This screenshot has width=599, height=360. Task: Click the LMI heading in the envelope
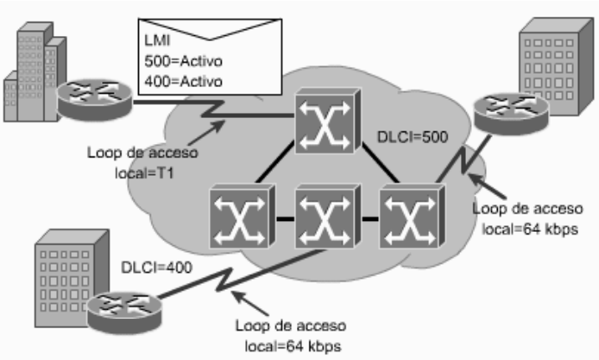click(x=157, y=40)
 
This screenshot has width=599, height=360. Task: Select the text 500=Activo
click(x=183, y=61)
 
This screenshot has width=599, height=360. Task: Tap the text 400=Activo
click(x=183, y=81)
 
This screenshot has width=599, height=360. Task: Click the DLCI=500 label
click(x=412, y=137)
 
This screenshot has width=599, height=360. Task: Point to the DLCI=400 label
click(x=156, y=268)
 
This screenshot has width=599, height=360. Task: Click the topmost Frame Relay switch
click(x=328, y=121)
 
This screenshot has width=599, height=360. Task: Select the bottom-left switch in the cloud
click(x=243, y=216)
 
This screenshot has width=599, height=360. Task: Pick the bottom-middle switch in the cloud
click(x=328, y=216)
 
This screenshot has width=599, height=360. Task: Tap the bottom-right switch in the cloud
click(x=412, y=216)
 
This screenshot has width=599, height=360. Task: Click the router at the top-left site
click(x=95, y=99)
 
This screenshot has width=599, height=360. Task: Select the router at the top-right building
click(x=511, y=114)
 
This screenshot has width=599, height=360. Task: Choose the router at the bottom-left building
click(x=125, y=312)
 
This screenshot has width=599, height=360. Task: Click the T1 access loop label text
click(x=143, y=162)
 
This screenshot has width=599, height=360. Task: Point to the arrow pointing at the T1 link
click(x=206, y=132)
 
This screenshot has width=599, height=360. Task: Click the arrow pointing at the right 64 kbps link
click(x=487, y=186)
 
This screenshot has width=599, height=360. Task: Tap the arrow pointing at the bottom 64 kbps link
click(x=250, y=303)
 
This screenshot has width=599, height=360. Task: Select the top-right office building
click(x=556, y=66)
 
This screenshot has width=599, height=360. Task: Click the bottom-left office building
click(x=71, y=278)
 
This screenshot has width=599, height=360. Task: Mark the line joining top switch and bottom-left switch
click(x=275, y=162)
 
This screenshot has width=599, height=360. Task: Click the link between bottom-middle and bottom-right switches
click(x=370, y=219)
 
